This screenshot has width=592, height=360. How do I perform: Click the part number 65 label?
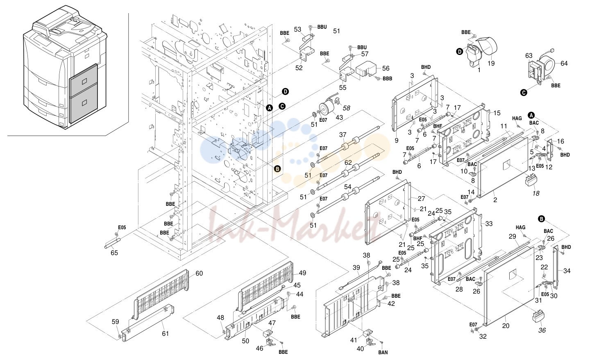(x=114, y=253)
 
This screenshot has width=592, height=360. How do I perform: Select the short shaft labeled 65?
(x=112, y=244)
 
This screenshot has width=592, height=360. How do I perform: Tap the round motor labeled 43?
(x=327, y=108)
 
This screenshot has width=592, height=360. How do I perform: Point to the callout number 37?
(x=342, y=134)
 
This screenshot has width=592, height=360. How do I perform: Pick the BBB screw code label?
(x=387, y=79)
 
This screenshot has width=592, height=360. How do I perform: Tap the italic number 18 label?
(x=536, y=194)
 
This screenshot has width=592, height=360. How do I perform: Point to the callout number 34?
(x=567, y=271)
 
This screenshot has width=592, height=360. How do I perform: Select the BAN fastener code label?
(x=383, y=352)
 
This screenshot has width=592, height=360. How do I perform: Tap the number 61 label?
(x=165, y=333)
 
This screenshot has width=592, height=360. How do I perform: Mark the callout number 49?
(x=302, y=273)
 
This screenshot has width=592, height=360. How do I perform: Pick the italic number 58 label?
(x=346, y=108)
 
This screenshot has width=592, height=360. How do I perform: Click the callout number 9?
(x=397, y=141)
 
